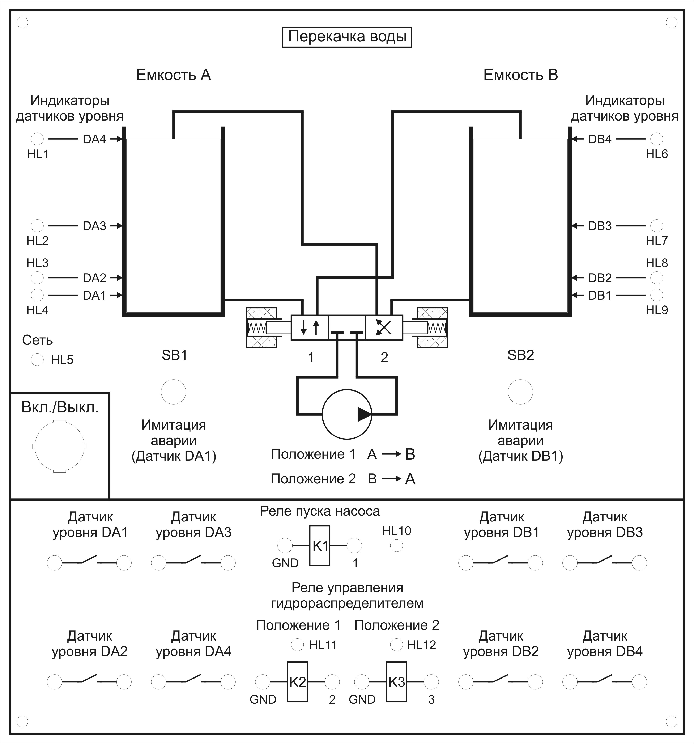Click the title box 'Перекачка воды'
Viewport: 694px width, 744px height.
[347, 37]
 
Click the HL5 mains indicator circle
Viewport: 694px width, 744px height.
[37, 360]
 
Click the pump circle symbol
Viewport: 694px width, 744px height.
[347, 414]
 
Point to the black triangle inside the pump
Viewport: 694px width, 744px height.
[364, 414]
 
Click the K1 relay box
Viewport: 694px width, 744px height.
[320, 546]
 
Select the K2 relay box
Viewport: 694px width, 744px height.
[297, 682]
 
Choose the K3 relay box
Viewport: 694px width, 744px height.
[397, 682]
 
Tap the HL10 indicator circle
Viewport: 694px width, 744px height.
[397, 546]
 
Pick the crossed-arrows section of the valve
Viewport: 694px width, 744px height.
[384, 327]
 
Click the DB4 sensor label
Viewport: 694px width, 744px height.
[600, 139]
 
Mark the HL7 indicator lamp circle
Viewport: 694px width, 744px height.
[657, 226]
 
